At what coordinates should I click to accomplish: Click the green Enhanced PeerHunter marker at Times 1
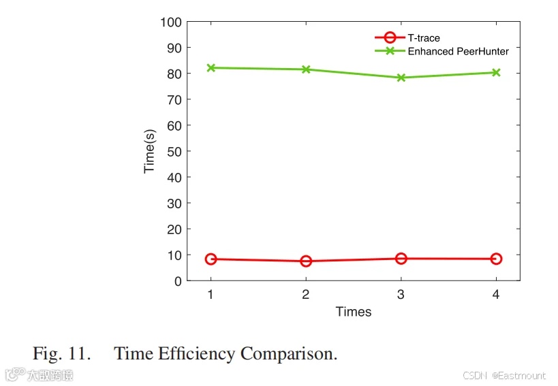[x=211, y=67]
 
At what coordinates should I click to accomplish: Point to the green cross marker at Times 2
[x=306, y=69]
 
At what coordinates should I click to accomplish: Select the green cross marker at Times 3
[x=401, y=78]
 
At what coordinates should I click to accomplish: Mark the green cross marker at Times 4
[x=496, y=73]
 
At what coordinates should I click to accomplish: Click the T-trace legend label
[x=424, y=37]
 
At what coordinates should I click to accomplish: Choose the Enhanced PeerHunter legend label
[x=459, y=51]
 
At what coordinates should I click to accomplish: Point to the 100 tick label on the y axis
[x=171, y=22]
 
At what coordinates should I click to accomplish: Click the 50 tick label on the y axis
[x=174, y=152]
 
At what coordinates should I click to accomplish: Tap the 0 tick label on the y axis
[x=178, y=282]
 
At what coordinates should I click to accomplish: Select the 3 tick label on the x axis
[x=401, y=294]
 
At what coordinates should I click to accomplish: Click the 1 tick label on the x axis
[x=211, y=294]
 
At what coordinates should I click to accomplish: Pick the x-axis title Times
[x=354, y=312]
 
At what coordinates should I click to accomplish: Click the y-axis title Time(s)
[x=149, y=151]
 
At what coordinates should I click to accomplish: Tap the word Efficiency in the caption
[x=196, y=353]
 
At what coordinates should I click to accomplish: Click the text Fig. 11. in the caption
[x=61, y=353]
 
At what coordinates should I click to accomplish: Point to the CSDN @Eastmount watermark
[x=504, y=376]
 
